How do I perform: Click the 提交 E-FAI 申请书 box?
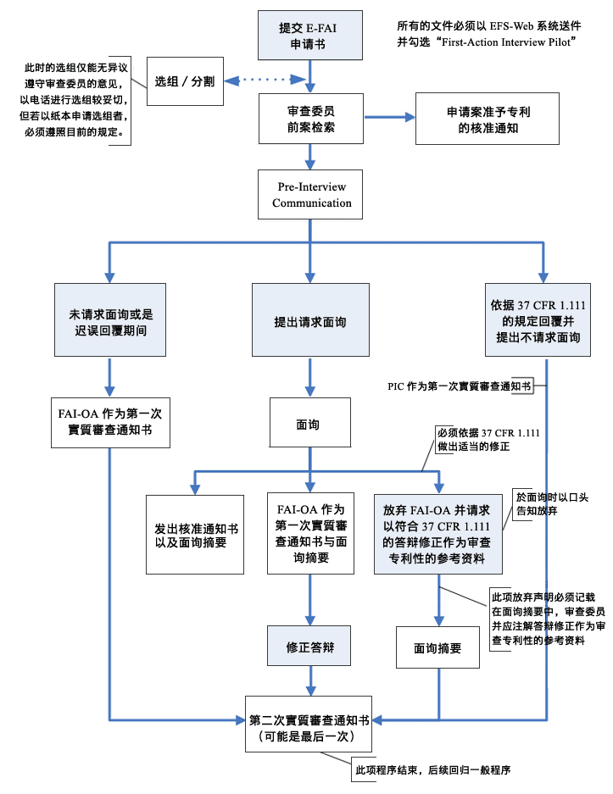311,35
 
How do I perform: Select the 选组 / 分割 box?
184,82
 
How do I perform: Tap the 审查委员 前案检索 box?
311,119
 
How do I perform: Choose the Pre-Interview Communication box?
311,195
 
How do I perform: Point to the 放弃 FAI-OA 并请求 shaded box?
437,534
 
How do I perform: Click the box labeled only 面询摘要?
437,648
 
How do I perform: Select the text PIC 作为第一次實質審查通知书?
457,386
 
